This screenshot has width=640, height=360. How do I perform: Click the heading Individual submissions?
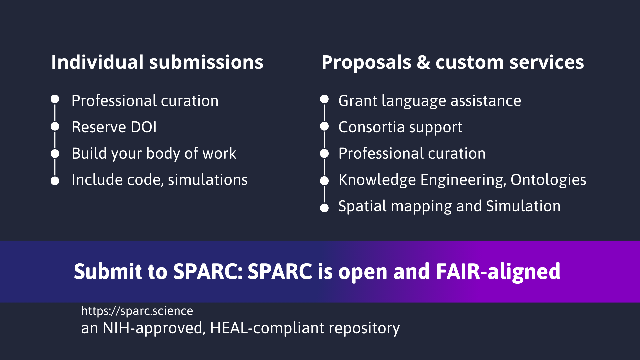[157, 62]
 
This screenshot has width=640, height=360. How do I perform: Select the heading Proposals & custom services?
[453, 62]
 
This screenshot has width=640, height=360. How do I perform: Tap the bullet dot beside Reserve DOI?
[55, 127]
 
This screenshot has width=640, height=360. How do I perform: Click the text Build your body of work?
[154, 154]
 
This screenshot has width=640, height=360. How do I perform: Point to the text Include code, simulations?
[160, 180]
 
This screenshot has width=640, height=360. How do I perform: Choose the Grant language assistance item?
[430, 101]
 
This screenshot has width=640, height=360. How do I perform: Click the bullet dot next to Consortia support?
[324, 127]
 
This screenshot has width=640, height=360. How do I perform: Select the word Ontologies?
[548, 180]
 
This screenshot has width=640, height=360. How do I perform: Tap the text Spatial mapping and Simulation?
[449, 206]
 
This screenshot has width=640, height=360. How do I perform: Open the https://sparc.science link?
[137, 311]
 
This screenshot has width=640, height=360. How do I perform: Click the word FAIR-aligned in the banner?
[498, 271]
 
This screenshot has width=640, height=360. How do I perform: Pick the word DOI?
[144, 127]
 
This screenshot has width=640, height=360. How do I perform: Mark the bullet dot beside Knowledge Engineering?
[324, 181]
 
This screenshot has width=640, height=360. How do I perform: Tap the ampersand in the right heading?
[423, 62]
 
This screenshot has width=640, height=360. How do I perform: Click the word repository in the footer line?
[364, 328]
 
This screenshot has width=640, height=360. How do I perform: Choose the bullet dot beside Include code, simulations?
[55, 181]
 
